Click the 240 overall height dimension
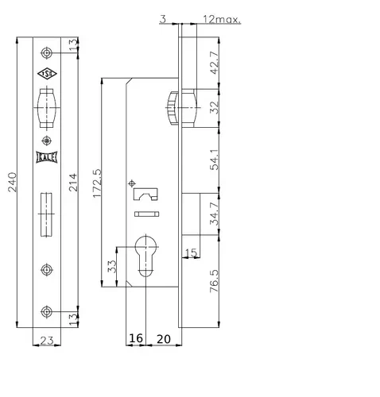(12, 182)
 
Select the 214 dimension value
(73, 183)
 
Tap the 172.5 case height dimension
(97, 183)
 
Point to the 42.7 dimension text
(214, 63)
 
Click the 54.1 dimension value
(214, 160)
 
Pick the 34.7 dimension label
(214, 214)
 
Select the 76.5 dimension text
(214, 281)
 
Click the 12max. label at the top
(222, 19)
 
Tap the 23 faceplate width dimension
(47, 341)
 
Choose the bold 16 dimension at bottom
(136, 338)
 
